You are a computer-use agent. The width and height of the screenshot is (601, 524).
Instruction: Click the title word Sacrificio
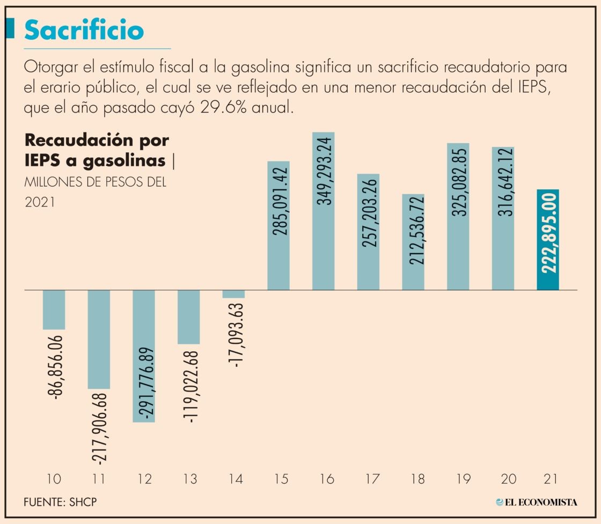84,31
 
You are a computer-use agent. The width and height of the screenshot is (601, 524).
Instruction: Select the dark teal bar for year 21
548,240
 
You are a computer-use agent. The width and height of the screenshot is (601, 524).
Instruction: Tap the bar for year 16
323,211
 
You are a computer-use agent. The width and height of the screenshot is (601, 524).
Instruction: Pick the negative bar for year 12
143,356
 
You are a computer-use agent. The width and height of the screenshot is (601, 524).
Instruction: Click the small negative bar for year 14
233,294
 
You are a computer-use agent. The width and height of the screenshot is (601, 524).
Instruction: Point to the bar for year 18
413,242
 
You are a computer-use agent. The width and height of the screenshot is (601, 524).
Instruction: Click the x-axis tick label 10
54,478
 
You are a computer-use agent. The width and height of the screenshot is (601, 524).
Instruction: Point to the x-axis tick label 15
278,478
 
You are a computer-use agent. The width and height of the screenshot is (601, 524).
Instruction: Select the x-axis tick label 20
503,478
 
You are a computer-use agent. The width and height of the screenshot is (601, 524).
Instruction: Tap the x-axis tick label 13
188,478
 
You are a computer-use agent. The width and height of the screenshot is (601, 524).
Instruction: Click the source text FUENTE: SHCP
61,503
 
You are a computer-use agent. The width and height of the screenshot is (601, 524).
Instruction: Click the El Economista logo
537,503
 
